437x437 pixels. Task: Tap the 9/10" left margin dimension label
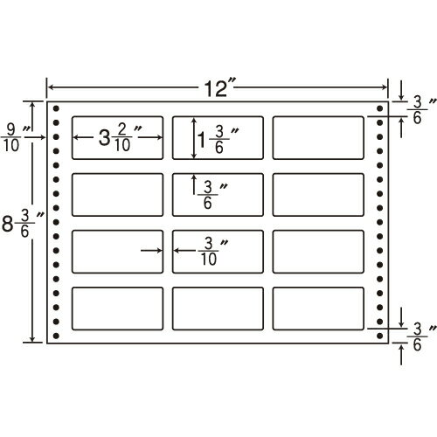coord(15,138)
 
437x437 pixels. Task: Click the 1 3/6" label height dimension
coord(218,139)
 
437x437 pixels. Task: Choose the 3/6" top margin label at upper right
coord(421,110)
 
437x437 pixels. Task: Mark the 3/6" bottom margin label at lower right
coord(421,336)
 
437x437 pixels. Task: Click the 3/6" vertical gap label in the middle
coord(212,195)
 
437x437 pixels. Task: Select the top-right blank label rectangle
coord(318,138)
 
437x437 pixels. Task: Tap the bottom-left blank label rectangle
coord(117,309)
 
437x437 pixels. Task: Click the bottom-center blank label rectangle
coord(218,309)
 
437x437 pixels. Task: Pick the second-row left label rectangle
coord(117,195)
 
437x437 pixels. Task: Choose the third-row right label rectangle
coord(318,252)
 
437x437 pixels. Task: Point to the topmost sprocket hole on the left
coord(56,108)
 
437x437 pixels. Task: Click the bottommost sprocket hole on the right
coord(380,336)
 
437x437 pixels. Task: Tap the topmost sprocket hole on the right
coord(380,108)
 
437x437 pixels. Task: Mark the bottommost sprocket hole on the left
coord(56,336)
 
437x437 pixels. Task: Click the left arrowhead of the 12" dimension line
coord(50,87)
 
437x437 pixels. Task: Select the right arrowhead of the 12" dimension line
coord(385,87)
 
